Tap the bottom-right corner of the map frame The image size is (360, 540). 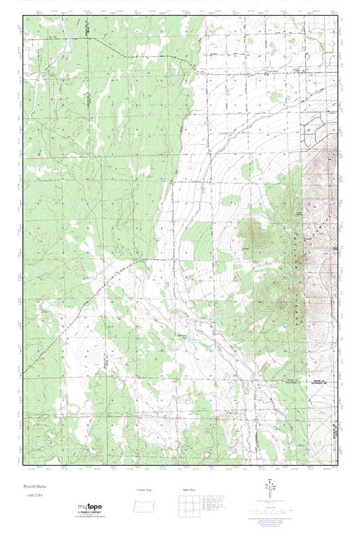338,464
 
